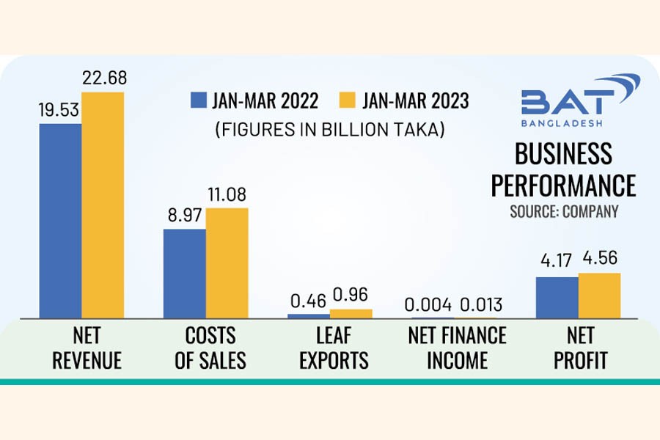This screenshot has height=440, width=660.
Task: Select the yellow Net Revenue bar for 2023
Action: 103,205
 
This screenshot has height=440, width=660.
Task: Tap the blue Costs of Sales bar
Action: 184,273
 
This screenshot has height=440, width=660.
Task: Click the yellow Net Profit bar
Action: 599,296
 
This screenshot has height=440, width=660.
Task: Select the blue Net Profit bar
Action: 557,298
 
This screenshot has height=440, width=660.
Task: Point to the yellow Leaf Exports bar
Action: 351,313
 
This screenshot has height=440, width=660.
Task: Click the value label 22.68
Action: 103,78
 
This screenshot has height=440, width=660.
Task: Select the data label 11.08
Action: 226,194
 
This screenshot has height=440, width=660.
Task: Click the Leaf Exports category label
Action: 330,348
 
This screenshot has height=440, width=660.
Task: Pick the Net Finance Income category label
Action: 457,348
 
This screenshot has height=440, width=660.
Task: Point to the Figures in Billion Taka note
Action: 330,130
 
